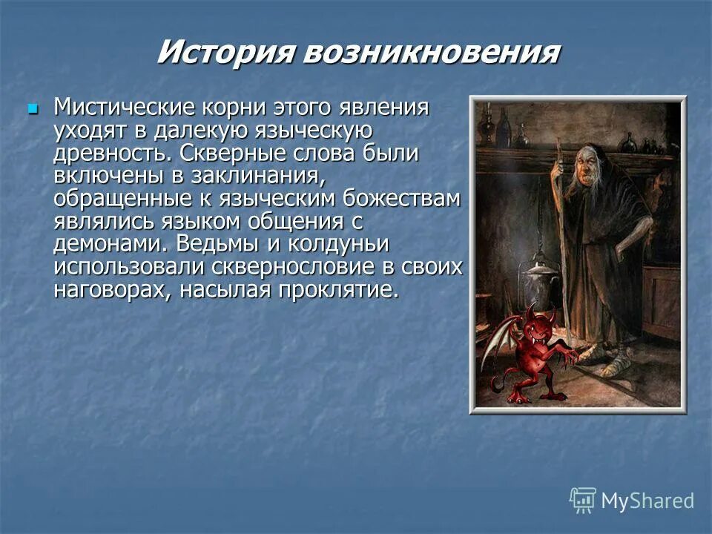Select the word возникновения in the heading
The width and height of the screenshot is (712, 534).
click(431, 53)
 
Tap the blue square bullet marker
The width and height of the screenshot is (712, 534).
click(32, 109)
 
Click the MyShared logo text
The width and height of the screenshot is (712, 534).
click(647, 501)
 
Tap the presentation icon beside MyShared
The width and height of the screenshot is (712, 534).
click(583, 500)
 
